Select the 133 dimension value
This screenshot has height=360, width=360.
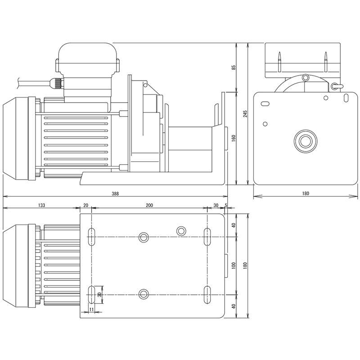41,205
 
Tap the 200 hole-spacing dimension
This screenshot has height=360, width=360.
149,205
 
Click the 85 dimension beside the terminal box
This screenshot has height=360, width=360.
234,67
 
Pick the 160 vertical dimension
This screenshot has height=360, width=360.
234,138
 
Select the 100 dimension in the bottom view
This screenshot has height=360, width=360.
234,265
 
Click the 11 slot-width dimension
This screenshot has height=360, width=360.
91,310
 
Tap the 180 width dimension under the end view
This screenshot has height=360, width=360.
306,193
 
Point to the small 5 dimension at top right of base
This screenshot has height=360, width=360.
225,205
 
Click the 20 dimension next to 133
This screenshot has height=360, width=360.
86,205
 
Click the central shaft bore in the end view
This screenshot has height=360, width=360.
306,140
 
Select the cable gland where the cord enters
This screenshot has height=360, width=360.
57,83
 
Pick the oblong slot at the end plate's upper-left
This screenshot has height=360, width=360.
265,104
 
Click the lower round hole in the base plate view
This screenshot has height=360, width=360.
144,294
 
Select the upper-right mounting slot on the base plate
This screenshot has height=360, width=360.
207,236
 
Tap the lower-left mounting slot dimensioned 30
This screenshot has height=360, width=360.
91,294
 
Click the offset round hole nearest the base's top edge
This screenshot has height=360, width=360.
181,231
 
